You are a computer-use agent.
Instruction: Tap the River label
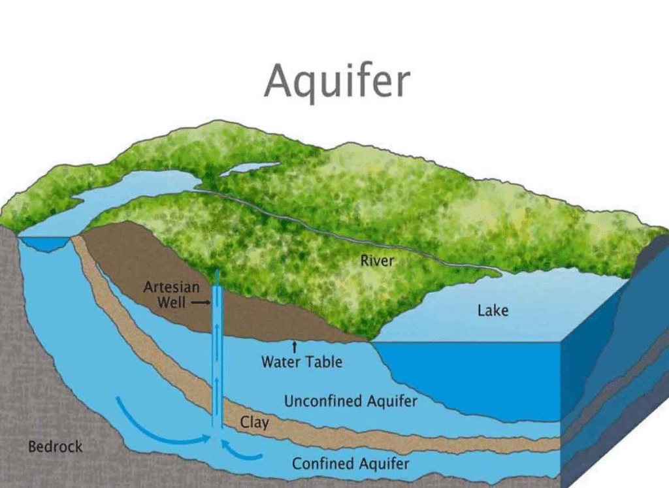(x=378, y=261)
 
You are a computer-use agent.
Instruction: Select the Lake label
(x=493, y=310)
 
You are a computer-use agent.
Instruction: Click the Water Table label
(x=302, y=361)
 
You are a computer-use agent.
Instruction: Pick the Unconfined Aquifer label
(x=350, y=400)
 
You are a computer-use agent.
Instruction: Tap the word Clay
(x=254, y=422)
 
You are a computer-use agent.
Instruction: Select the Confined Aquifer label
(x=350, y=464)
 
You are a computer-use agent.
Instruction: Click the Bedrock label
(x=56, y=447)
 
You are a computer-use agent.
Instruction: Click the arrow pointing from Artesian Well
(x=201, y=303)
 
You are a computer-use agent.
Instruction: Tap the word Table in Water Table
(x=325, y=361)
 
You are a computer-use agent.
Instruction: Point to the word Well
(x=174, y=302)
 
